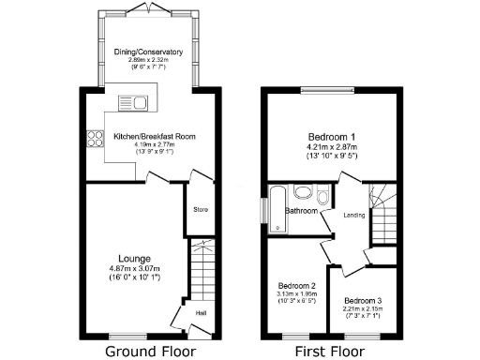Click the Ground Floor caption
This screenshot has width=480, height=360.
click(150, 352)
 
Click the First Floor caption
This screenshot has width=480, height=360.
click(330, 352)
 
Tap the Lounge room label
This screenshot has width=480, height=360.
click(135, 259)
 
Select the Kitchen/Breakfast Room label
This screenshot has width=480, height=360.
click(155, 137)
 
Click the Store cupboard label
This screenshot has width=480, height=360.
click(200, 209)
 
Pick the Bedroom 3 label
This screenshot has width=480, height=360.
click(361, 301)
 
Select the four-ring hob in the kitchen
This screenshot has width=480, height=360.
click(95, 140)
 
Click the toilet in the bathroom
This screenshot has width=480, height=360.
click(323, 195)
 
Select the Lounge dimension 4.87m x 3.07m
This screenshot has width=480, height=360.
click(135, 269)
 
